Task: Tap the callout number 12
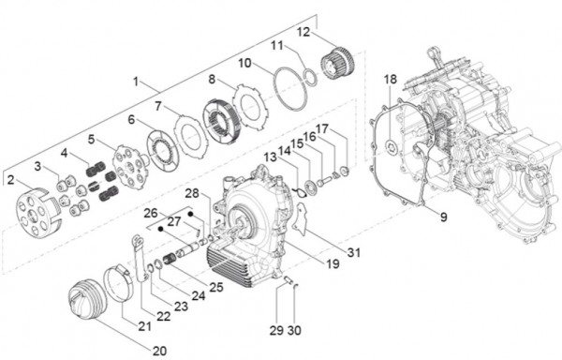coord(303,32)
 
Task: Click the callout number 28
coord(191,193)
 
